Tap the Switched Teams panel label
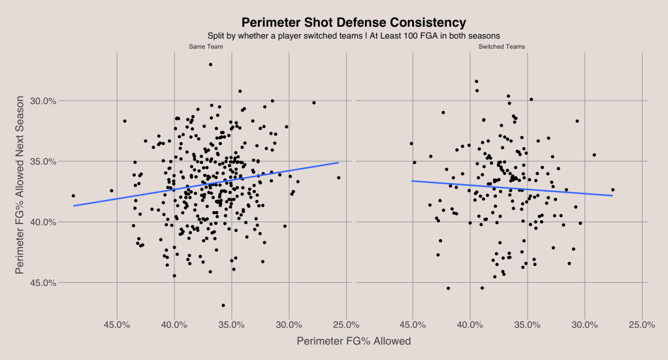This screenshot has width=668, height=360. pyautogui.click(x=501, y=47)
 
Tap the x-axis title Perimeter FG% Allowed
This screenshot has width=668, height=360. pyautogui.click(x=353, y=341)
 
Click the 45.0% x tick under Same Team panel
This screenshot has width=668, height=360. pyautogui.click(x=117, y=325)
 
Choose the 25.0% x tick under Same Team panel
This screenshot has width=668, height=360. pyautogui.click(x=346, y=325)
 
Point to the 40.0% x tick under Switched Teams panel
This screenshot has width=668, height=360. pyautogui.click(x=470, y=325)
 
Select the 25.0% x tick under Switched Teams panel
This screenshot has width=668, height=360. pyautogui.click(x=642, y=325)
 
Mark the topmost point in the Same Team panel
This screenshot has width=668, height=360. pyautogui.click(x=210, y=65)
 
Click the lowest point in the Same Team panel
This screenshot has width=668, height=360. pyautogui.click(x=223, y=305)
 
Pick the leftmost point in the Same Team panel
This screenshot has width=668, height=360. pyautogui.click(x=73, y=195)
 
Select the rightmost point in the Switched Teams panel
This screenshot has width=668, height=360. pyautogui.click(x=612, y=190)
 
